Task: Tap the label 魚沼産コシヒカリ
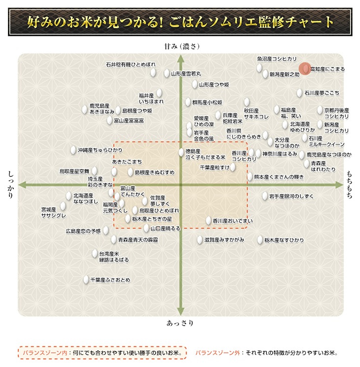click(x=277, y=59)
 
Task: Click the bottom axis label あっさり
click(x=180, y=323)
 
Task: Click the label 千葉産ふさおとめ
click(x=110, y=280)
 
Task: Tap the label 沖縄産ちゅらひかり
click(x=100, y=150)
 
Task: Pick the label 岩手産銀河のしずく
click(x=291, y=196)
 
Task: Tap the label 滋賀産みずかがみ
click(x=224, y=240)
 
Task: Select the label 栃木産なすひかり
click(x=284, y=240)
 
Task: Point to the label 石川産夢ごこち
click(x=322, y=92)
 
